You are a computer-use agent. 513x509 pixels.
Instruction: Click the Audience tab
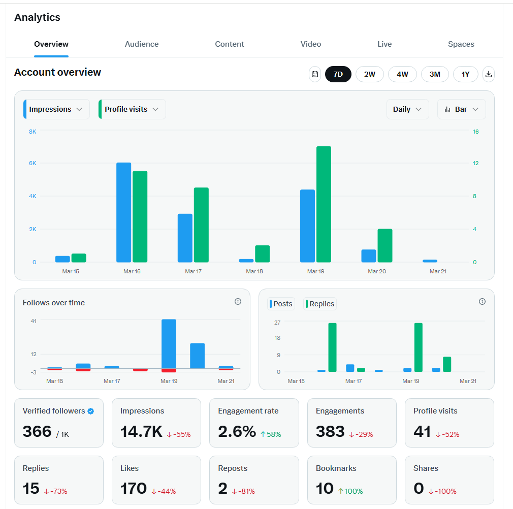[142, 44]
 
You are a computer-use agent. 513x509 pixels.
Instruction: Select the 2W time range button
[369, 74]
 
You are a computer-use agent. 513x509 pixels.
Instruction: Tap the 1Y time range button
[465, 74]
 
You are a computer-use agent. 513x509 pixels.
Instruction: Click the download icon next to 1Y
[488, 74]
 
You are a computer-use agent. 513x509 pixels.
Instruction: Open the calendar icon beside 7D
[315, 74]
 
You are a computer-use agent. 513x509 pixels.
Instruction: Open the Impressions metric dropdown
[56, 109]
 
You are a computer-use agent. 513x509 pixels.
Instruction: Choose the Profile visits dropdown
[132, 109]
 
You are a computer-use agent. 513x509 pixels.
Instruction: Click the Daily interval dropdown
[407, 109]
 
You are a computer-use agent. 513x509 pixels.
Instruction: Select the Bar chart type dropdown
[461, 109]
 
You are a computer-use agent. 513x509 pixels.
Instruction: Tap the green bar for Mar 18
[262, 254]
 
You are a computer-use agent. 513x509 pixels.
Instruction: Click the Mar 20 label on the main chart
[376, 271]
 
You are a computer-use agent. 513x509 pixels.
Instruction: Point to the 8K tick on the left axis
[33, 132]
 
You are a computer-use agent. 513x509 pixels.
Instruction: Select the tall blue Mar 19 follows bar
[169, 343]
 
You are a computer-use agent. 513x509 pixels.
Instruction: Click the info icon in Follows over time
[238, 302]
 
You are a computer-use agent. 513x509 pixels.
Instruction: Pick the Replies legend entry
[320, 304]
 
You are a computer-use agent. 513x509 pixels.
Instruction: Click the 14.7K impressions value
[141, 432]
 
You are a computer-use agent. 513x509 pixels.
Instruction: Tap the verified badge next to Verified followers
[90, 411]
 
